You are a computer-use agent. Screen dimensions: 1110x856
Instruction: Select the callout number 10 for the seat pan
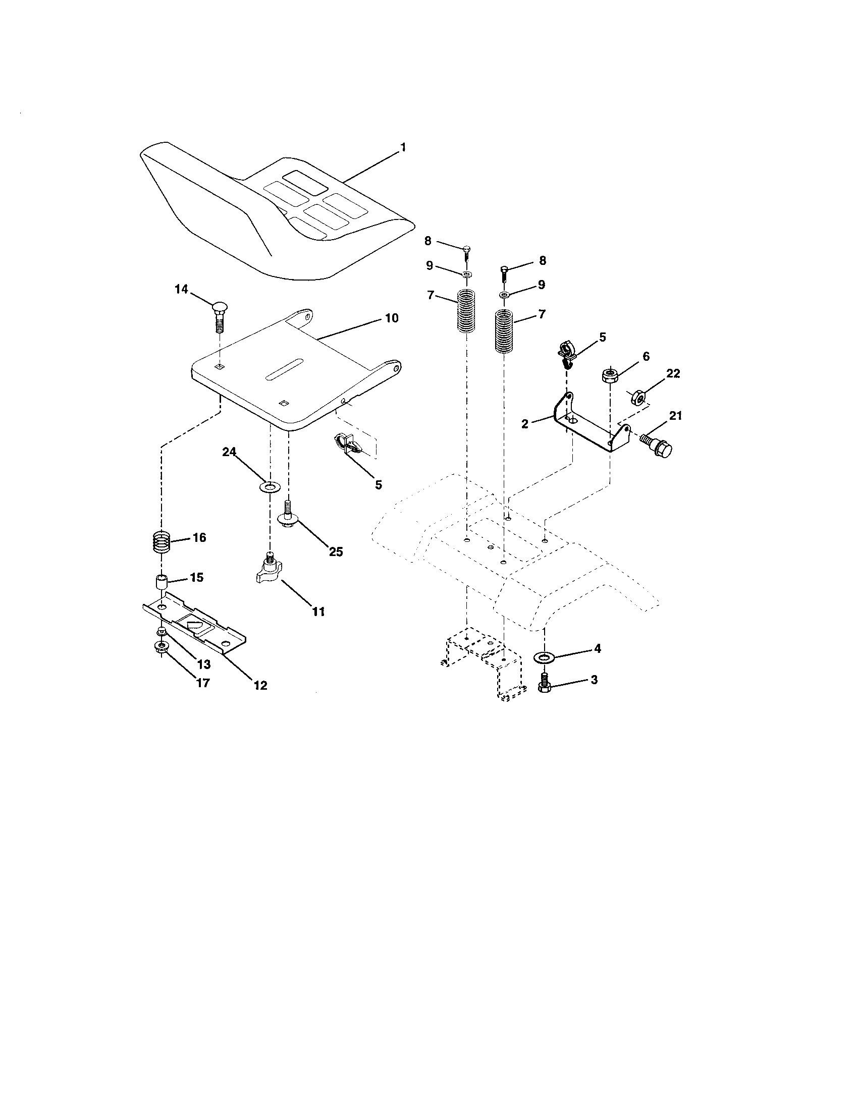tap(391, 318)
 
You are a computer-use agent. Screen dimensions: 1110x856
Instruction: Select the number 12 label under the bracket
tap(260, 685)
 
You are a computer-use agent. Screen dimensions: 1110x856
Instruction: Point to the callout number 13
tap(203, 664)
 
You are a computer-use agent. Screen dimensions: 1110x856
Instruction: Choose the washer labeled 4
tap(545, 658)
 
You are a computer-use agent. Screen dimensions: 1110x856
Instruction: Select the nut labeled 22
tap(639, 397)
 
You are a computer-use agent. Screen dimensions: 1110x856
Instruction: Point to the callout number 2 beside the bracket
tap(525, 423)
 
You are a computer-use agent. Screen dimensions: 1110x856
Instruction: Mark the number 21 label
tap(675, 416)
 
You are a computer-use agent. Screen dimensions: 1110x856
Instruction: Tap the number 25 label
tap(336, 551)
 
